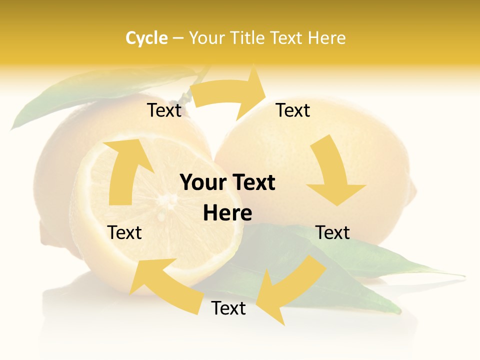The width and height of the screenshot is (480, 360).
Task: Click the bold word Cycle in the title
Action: tap(146, 38)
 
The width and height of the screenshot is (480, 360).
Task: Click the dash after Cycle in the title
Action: tap(178, 38)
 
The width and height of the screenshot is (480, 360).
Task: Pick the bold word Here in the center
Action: tap(227, 213)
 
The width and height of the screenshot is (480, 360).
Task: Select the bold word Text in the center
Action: tap(252, 183)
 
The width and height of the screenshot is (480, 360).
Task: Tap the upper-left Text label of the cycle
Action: tap(164, 110)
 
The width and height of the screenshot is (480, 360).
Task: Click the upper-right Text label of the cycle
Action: tap(293, 110)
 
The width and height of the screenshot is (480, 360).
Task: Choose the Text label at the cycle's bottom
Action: tap(228, 308)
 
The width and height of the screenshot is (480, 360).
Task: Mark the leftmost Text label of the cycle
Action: tap(124, 232)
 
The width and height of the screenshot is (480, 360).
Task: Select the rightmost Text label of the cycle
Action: tap(332, 232)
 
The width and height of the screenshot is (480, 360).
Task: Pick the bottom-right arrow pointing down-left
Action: tap(290, 287)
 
